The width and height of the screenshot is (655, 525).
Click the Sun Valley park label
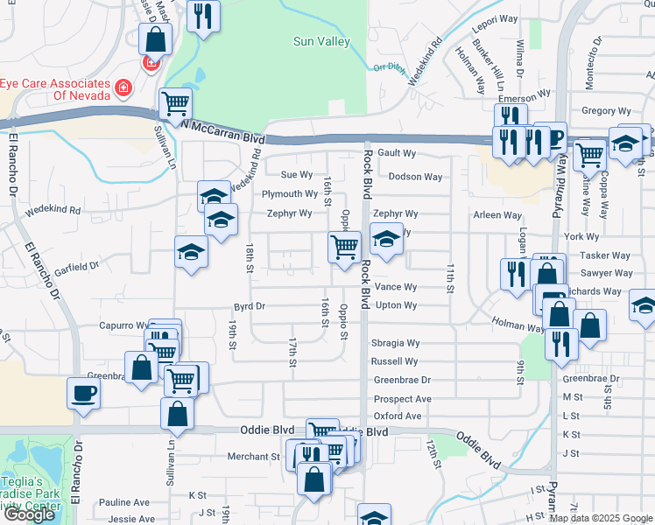tap(320, 41)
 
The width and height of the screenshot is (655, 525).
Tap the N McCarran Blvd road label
tap(223, 131)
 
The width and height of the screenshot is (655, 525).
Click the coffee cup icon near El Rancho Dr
tap(83, 393)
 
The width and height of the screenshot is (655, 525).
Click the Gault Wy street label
tap(396, 153)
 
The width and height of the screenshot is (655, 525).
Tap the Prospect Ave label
tap(402, 398)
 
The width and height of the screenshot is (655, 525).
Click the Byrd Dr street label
tap(249, 307)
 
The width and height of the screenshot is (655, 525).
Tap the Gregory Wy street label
tap(606, 111)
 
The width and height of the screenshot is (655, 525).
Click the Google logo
tap(29, 514)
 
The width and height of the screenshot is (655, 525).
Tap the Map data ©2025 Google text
tap(601, 518)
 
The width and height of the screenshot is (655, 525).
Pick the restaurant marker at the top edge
tap(203, 17)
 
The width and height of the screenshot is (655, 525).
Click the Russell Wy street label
tap(394, 361)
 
